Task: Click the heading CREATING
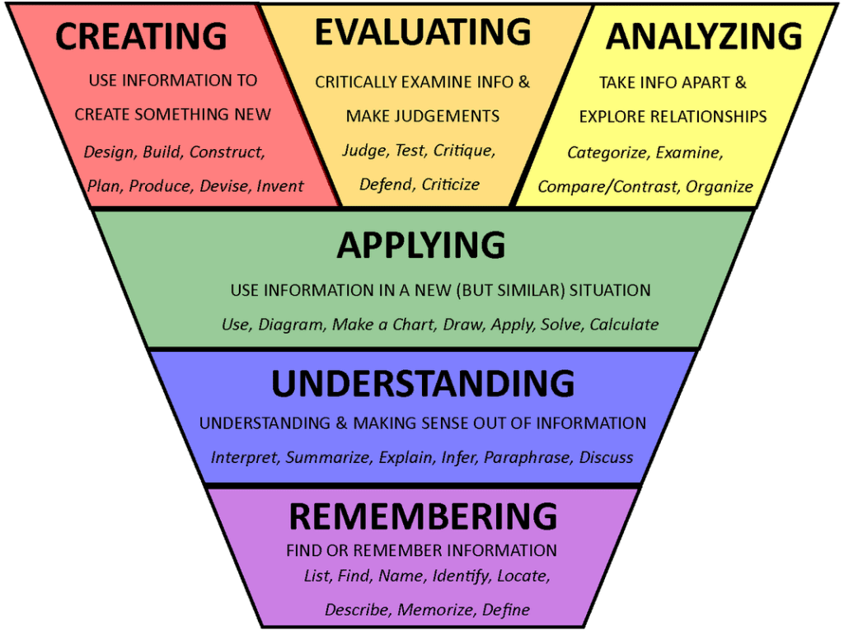click(x=141, y=36)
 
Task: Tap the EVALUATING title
click(x=423, y=32)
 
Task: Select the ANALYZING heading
click(x=704, y=36)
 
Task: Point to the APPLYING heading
click(x=421, y=245)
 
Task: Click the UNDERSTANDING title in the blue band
click(x=423, y=384)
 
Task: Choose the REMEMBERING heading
click(x=423, y=516)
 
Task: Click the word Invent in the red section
click(x=280, y=186)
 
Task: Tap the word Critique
click(x=464, y=151)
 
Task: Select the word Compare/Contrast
click(x=607, y=187)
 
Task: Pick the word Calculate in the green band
click(x=624, y=325)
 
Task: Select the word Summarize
click(x=328, y=458)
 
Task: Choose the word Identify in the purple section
click(x=461, y=577)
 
